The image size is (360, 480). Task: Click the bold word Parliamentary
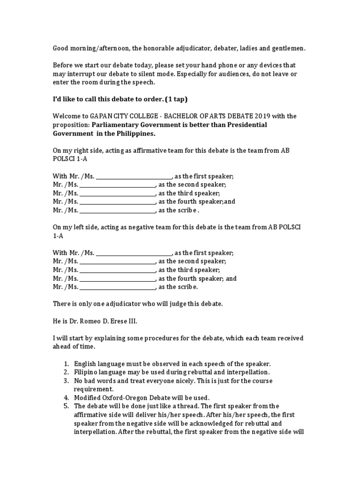point(114,125)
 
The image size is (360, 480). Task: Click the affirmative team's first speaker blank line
point(134,177)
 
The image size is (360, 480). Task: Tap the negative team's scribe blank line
point(117,287)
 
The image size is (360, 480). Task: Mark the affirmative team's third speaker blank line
point(117,194)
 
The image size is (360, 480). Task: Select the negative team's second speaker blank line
point(117,262)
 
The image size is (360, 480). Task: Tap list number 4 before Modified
point(66,397)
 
